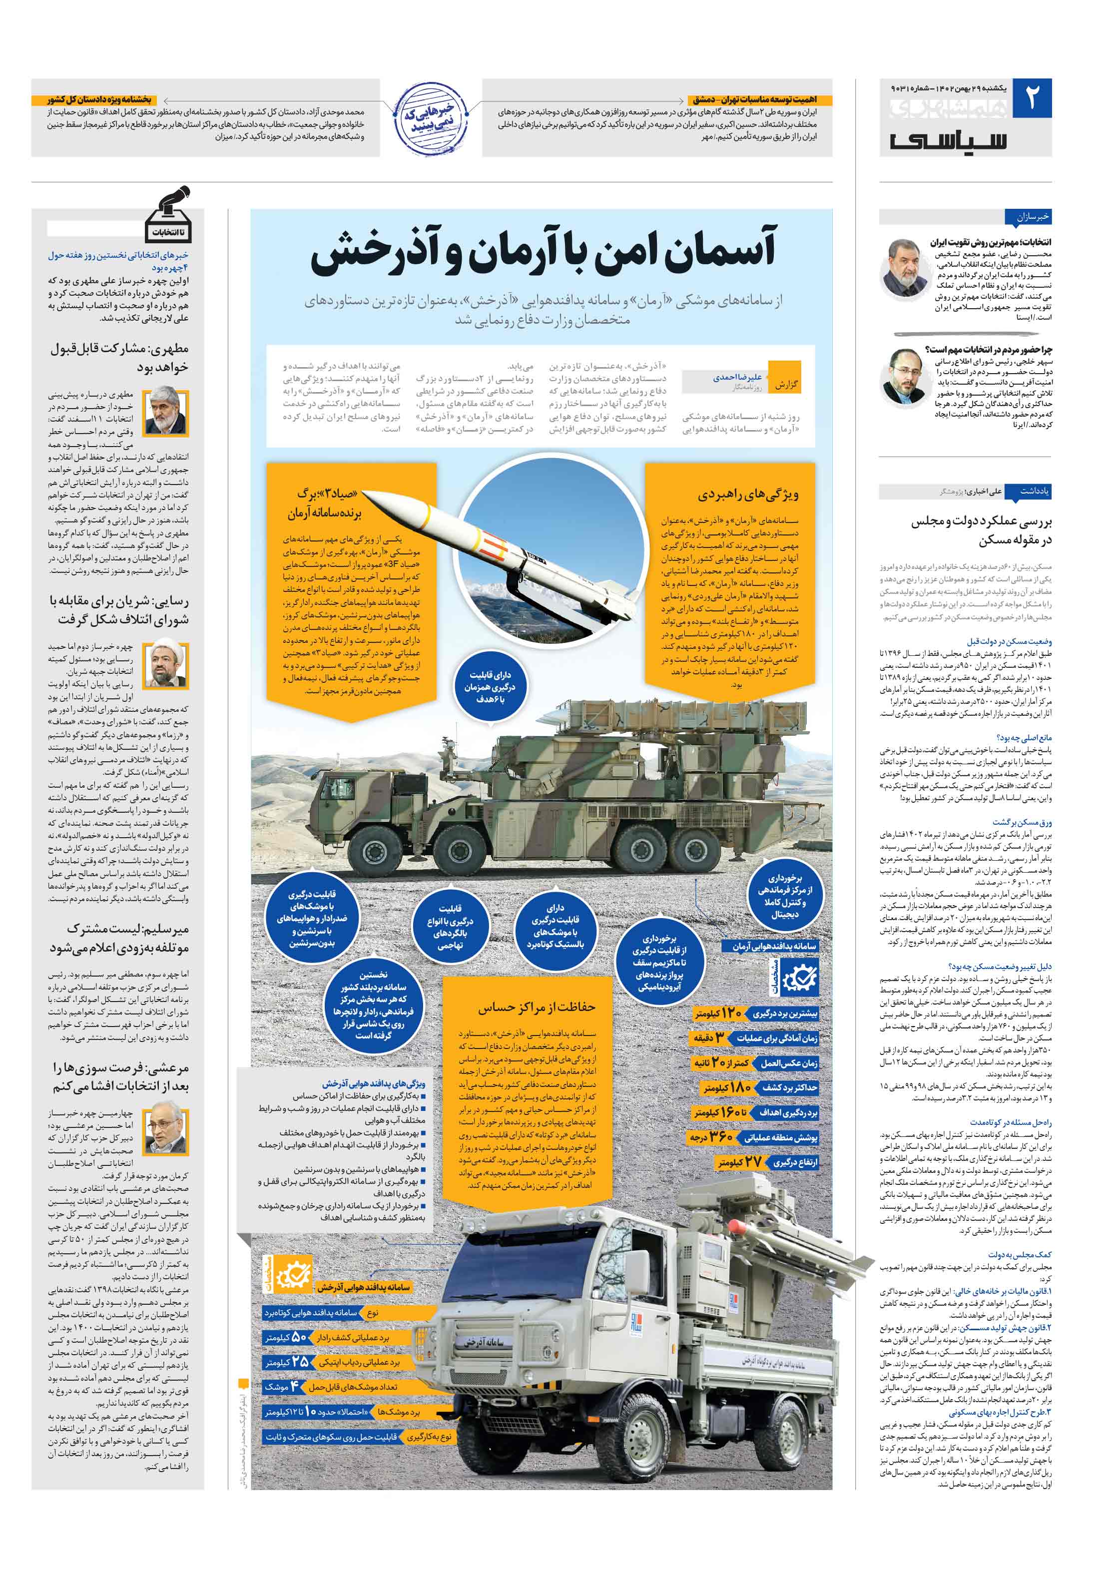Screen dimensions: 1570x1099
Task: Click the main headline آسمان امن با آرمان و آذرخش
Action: tap(544, 250)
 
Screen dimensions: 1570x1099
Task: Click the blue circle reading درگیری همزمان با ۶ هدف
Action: tap(490, 686)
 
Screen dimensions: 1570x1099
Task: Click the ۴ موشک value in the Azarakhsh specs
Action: tap(282, 1386)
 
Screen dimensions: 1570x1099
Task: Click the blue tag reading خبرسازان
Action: tap(1033, 217)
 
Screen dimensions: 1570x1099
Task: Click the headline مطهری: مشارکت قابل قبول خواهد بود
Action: tap(119, 358)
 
